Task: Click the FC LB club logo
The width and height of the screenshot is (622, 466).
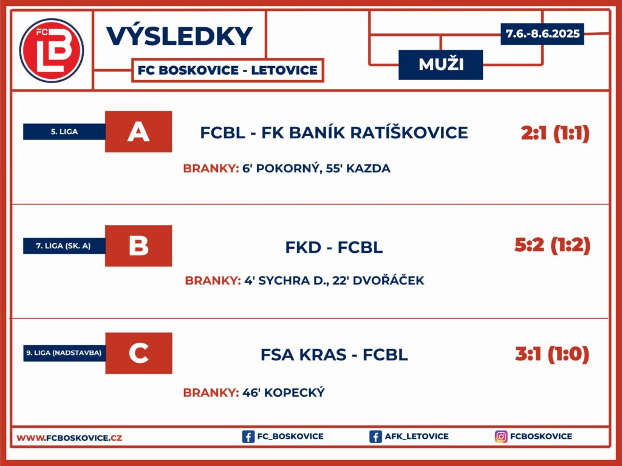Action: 52,50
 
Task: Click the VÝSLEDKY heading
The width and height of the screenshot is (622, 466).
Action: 179,36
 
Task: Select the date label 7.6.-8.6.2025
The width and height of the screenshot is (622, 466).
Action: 542,34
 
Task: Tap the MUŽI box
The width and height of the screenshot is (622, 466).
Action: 441,64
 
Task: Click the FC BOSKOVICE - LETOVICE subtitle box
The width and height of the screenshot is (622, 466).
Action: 228,70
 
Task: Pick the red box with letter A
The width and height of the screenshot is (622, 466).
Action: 138,132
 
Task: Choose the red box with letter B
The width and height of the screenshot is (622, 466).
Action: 138,246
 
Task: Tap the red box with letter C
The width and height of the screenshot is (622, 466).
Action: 139,353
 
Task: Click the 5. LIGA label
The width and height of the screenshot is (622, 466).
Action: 64,132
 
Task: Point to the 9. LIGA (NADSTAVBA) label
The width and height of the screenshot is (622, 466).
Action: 64,353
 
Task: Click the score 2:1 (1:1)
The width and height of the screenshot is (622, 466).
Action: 555,133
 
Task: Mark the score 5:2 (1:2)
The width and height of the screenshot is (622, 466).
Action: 553,245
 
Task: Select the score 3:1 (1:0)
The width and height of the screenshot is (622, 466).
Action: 552,354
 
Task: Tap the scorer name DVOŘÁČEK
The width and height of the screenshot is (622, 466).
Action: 388,280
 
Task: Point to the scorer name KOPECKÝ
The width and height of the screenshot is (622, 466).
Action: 295,393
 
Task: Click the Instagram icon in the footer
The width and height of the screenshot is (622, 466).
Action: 501,436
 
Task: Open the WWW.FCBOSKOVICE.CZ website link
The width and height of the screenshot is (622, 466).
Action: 69,438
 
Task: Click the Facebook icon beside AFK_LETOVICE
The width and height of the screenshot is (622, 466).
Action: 375,437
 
